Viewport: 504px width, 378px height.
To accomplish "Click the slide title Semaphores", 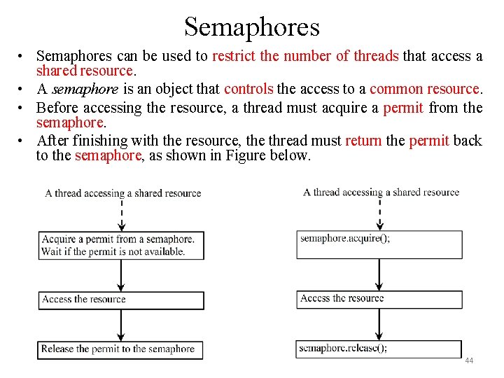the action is click(252, 27).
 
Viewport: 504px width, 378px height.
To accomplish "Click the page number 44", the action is click(469, 360).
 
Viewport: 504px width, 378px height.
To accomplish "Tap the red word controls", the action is click(248, 89).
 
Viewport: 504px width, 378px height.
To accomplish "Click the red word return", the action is click(363, 140).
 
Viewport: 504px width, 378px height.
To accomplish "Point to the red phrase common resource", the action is click(424, 89).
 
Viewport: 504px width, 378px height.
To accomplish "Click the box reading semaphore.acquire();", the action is click(379, 244).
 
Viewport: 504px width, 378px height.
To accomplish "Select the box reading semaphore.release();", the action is click(379, 349).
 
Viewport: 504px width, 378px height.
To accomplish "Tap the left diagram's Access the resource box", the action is click(121, 300).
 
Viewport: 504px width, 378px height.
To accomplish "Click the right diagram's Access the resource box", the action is click(379, 299).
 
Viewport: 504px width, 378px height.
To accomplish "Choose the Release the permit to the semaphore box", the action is click(121, 349).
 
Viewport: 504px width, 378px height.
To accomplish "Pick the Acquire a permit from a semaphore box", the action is click(121, 245).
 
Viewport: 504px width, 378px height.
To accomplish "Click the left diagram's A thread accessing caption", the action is click(122, 193).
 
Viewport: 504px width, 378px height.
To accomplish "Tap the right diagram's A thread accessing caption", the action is click(381, 192).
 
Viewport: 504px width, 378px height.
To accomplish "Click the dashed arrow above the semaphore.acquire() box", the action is click(379, 213).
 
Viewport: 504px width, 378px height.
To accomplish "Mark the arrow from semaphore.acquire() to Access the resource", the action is click(379, 274).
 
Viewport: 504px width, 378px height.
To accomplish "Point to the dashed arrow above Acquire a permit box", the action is click(122, 214).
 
